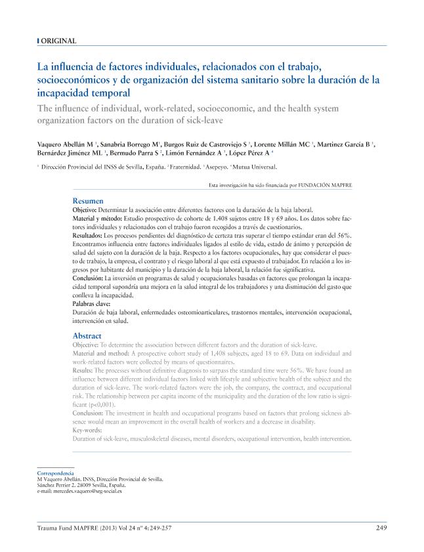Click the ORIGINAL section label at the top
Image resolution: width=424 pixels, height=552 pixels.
point(58,41)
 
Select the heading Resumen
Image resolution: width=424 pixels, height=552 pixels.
point(87,201)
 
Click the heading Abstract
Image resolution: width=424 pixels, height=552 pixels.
point(87,336)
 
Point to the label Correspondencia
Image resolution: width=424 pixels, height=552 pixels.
point(55,473)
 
